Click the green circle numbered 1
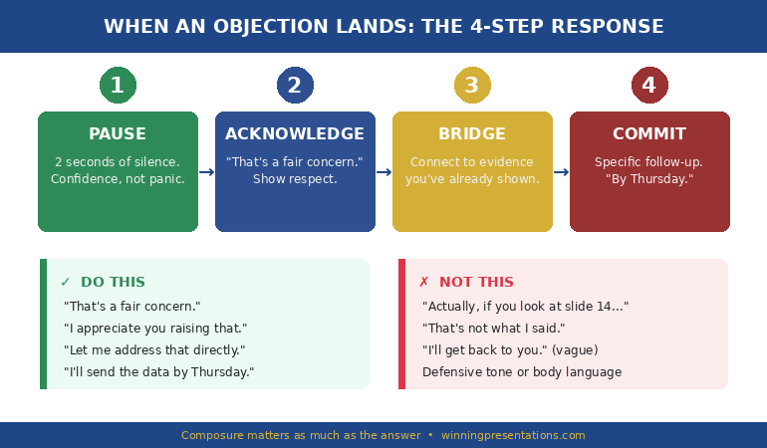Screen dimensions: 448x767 [x=118, y=86]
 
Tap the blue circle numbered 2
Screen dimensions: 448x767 [x=295, y=86]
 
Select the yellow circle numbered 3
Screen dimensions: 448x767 [x=472, y=86]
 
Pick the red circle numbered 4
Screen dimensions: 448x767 [x=649, y=86]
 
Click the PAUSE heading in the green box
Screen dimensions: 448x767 [x=118, y=134]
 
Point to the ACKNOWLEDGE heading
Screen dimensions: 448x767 [x=295, y=134]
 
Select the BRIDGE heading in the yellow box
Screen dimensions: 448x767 [x=472, y=134]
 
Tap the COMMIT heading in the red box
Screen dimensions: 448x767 [x=649, y=134]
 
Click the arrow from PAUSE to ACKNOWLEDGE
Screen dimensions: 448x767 [x=206, y=172]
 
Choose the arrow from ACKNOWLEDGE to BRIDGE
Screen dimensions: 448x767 [x=383, y=172]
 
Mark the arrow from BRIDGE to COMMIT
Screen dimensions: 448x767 [x=561, y=172]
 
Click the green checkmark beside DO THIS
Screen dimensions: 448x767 [x=66, y=283]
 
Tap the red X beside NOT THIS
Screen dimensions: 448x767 [x=423, y=283]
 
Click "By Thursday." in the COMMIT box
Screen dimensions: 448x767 [x=649, y=179]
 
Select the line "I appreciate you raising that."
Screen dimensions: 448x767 [x=155, y=329]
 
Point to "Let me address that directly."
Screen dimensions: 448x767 [x=154, y=350]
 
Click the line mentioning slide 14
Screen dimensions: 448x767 [x=525, y=307]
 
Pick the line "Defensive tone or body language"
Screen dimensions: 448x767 [x=522, y=372]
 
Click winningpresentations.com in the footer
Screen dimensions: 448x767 [x=513, y=435]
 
